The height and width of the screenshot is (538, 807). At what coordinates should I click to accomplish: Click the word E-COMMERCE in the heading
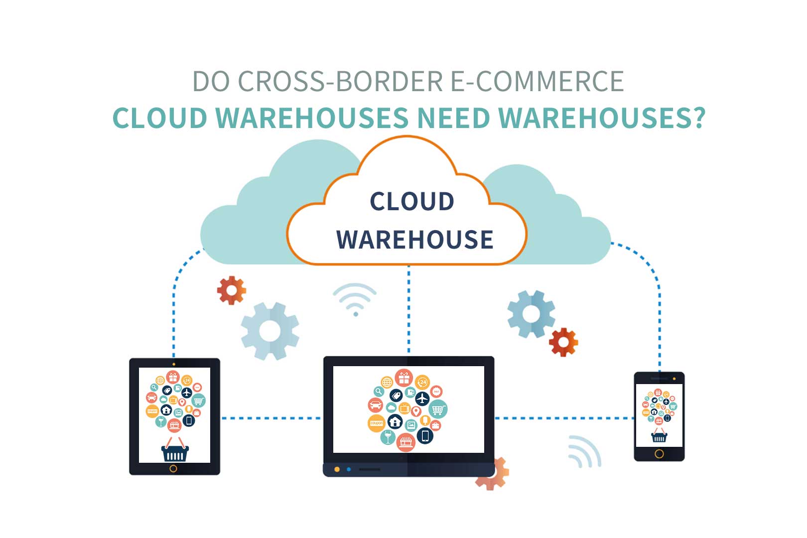click(x=537, y=81)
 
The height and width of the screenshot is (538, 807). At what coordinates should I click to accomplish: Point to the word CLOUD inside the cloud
click(x=412, y=202)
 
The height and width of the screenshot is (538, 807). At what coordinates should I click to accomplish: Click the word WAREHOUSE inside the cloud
click(x=414, y=240)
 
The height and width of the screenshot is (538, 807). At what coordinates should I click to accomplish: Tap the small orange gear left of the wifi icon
click(x=232, y=290)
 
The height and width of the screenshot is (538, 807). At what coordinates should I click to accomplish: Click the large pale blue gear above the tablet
click(x=270, y=331)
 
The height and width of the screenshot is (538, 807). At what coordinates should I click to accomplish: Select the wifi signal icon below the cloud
click(x=355, y=299)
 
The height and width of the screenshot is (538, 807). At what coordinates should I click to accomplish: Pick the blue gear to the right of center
click(x=531, y=313)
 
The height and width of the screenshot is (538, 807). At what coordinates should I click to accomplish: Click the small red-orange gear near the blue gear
click(x=563, y=342)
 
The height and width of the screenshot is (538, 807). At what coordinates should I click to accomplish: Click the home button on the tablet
click(x=173, y=468)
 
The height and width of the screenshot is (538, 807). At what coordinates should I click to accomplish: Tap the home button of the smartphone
click(x=659, y=454)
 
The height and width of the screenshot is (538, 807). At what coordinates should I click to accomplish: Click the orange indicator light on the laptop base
click(x=337, y=469)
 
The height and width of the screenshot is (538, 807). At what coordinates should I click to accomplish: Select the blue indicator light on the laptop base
click(x=349, y=469)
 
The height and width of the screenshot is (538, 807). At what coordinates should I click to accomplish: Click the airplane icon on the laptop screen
click(x=422, y=398)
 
